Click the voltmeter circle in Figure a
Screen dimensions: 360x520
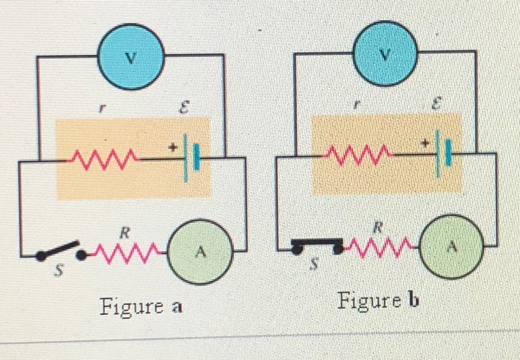tap(131, 56)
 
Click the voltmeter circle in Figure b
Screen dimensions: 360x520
tap(386, 54)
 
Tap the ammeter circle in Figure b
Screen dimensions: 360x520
tap(452, 247)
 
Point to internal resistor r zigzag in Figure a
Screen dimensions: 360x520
tap(105, 158)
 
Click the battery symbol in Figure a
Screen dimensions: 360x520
tap(190, 158)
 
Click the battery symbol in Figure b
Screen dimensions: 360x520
tap(442, 152)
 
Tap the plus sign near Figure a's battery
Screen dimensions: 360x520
tap(172, 148)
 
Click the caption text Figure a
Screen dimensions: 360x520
tap(141, 306)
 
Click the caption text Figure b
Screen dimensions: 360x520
tap(378, 302)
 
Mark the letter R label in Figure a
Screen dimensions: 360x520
tap(124, 235)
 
